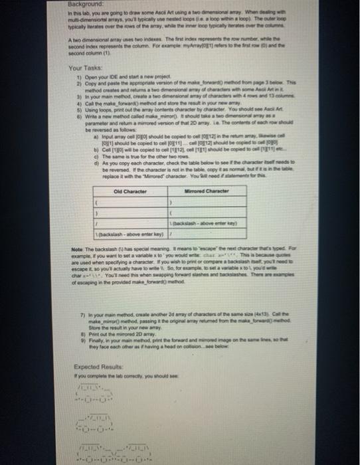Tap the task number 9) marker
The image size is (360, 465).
pos(78,334)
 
